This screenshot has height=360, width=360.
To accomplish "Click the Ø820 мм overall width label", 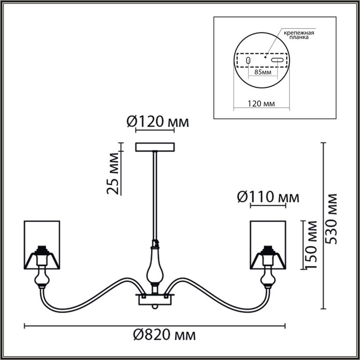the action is [x=165, y=336].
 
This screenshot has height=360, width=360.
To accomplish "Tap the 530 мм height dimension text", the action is [x=331, y=219].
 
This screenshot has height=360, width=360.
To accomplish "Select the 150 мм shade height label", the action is [x=311, y=245].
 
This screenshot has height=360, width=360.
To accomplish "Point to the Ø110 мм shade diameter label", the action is [x=268, y=197].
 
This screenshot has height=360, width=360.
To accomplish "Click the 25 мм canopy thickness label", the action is [x=113, y=173].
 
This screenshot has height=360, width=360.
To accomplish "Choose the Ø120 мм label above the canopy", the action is [x=157, y=122].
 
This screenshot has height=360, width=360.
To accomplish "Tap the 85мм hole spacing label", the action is [x=263, y=72].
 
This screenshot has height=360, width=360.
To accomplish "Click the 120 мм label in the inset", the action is [x=261, y=104].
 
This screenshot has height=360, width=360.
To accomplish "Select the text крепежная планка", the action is [x=299, y=35].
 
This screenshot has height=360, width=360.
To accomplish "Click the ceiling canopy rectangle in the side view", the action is [x=155, y=147].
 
